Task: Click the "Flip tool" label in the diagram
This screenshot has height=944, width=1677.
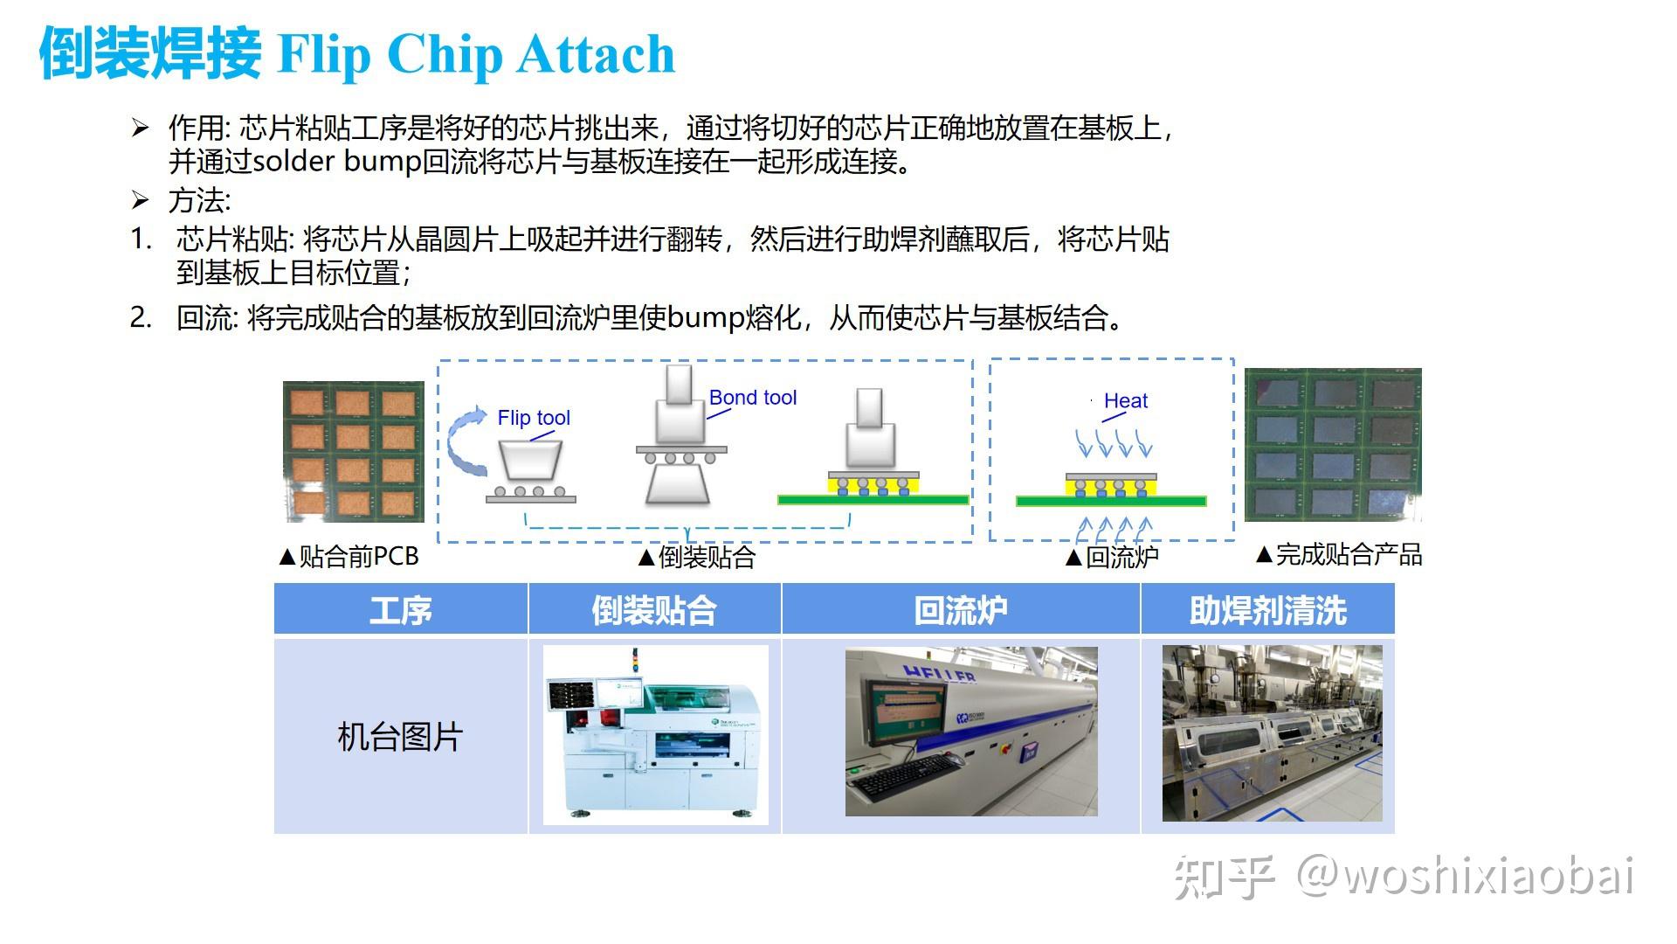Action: pos(534,418)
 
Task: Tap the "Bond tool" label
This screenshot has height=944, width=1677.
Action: pos(753,398)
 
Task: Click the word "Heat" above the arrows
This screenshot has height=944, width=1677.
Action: pos(1126,401)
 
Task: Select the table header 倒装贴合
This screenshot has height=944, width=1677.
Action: pos(654,610)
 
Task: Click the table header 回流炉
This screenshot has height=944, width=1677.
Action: pos(961,610)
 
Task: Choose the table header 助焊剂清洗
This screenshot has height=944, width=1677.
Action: pos(1268,610)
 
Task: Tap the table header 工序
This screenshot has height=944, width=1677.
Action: pos(401,610)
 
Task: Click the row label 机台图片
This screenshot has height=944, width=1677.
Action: pos(400,737)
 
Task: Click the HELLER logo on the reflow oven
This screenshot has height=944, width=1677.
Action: pos(939,674)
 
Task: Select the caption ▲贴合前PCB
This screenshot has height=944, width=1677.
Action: pos(349,557)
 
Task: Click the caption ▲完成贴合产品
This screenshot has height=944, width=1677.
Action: pos(1339,554)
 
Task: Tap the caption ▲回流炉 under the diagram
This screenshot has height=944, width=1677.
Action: pos(1112,557)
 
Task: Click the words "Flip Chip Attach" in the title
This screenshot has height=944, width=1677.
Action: pos(476,54)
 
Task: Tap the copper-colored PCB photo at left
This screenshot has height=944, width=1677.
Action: pos(354,452)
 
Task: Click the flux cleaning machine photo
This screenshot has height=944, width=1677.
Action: pos(1273,733)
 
